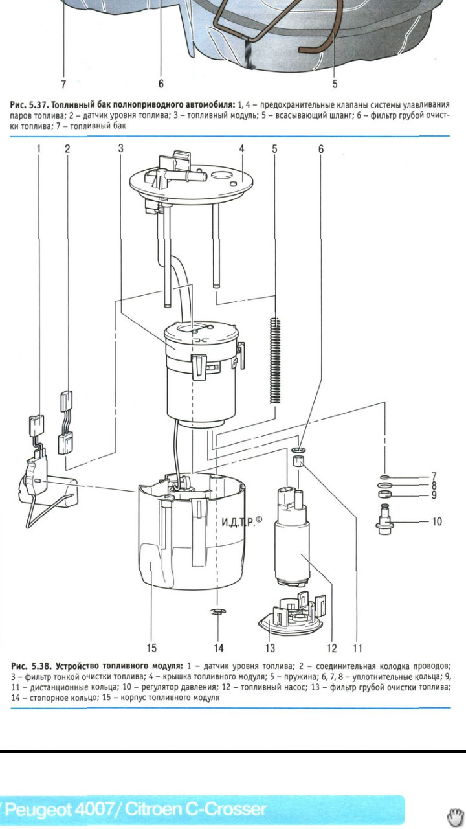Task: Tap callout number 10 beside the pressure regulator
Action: (437, 521)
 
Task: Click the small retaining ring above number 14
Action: (218, 611)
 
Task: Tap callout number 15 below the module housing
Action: (151, 648)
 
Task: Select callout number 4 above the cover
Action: (241, 149)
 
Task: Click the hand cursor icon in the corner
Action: (455, 817)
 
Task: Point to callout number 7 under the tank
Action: (63, 84)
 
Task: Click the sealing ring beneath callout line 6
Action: (299, 450)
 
